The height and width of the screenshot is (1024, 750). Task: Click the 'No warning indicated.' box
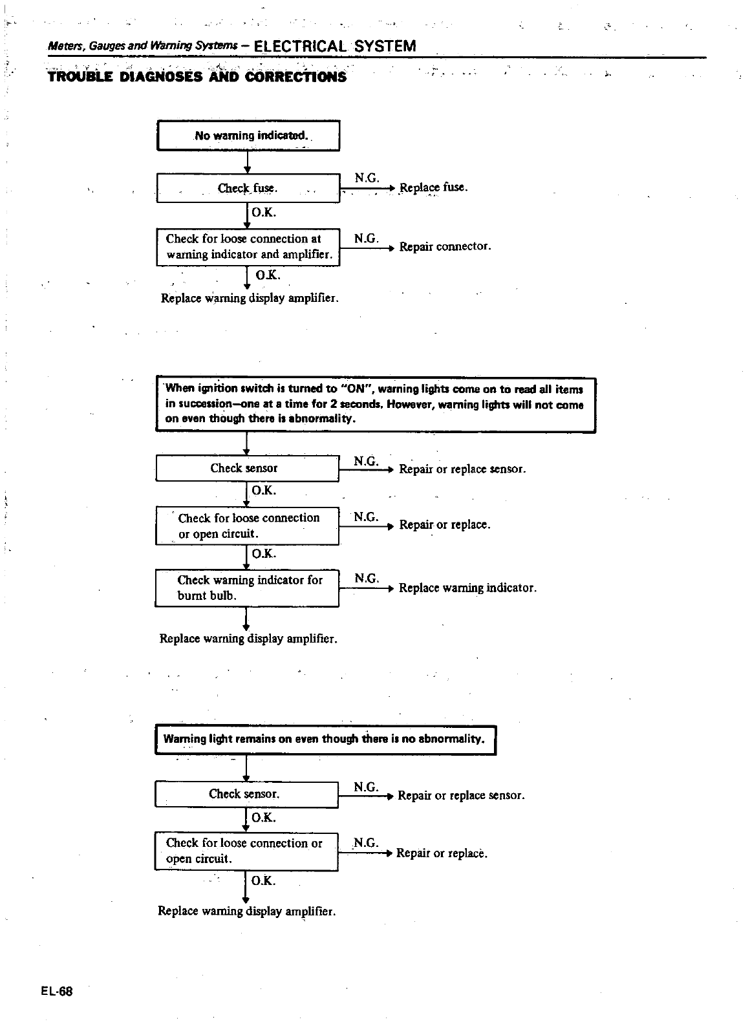pyautogui.click(x=248, y=136)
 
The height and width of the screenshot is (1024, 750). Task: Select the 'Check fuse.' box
pyautogui.click(x=248, y=188)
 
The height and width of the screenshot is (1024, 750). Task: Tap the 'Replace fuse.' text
pyautogui.click(x=433, y=187)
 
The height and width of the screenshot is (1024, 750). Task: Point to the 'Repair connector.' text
pyautogui.click(x=445, y=246)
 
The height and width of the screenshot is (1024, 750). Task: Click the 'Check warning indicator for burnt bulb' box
pyautogui.click(x=247, y=588)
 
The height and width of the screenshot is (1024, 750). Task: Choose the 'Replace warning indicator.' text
pyautogui.click(x=467, y=588)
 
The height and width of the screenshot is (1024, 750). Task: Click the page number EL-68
pyautogui.click(x=59, y=991)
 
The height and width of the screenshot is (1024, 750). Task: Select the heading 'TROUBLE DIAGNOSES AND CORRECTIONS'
pyautogui.click(x=197, y=77)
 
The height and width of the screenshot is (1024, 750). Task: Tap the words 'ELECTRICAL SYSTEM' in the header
pyautogui.click(x=336, y=46)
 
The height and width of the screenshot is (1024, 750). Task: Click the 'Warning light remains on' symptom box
pyautogui.click(x=325, y=739)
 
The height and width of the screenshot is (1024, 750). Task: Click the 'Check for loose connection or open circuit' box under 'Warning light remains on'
pyautogui.click(x=246, y=851)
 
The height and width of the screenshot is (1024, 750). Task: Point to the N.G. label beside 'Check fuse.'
pyautogui.click(x=367, y=178)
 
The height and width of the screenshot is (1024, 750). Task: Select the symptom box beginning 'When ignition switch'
pyautogui.click(x=375, y=404)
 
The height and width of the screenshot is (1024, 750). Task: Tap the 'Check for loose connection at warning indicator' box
pyautogui.click(x=248, y=246)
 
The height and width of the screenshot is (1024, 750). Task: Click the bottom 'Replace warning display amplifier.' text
pyautogui.click(x=247, y=911)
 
